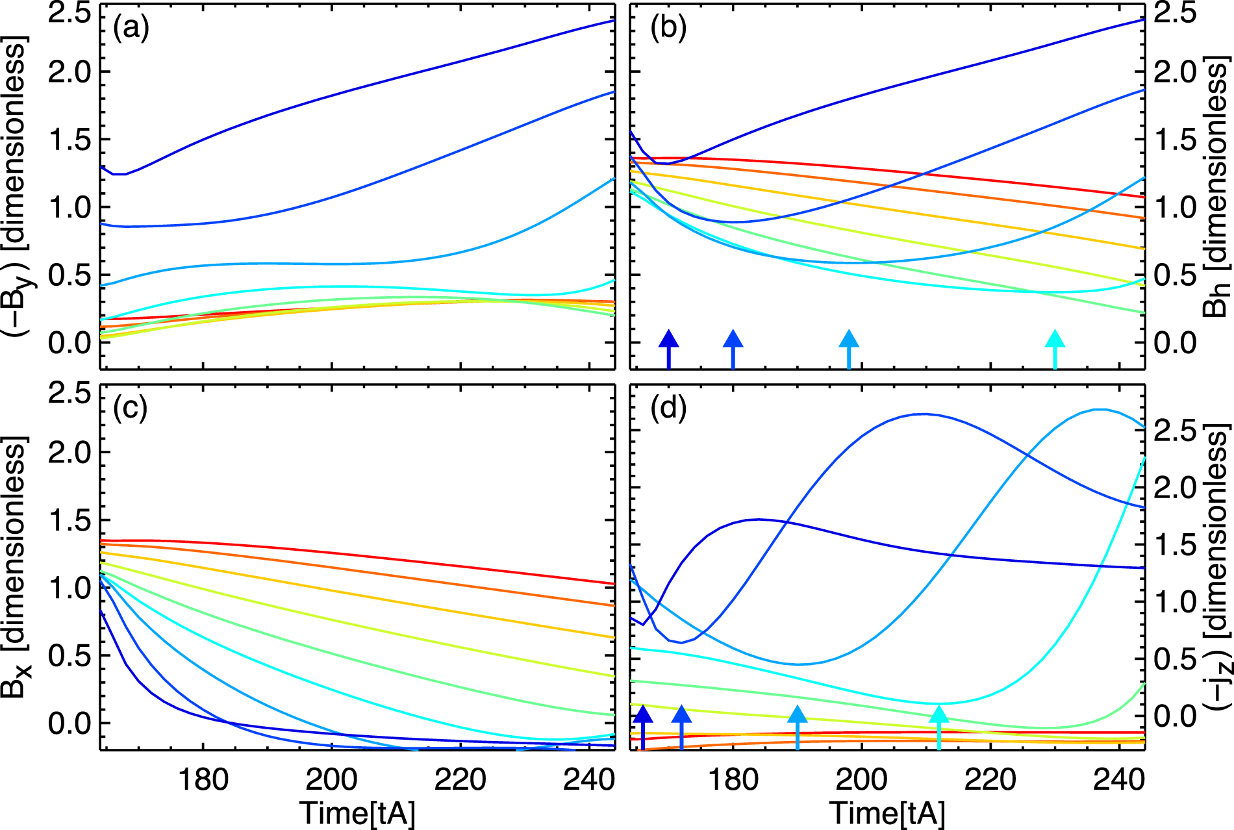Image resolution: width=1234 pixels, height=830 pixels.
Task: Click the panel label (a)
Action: click(131, 29)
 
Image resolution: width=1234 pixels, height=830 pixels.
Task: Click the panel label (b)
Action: click(668, 29)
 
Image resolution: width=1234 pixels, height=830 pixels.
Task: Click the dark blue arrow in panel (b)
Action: click(669, 349)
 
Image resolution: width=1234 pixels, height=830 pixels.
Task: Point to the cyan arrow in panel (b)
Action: click(1055, 349)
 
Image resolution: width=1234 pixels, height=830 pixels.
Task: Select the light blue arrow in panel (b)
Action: click(849, 349)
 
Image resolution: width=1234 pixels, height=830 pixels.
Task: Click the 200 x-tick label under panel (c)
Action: click(332, 779)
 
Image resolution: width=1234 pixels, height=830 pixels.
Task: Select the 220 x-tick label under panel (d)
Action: click(990, 779)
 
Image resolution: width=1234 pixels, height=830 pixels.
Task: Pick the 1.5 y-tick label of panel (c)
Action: click(71, 520)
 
